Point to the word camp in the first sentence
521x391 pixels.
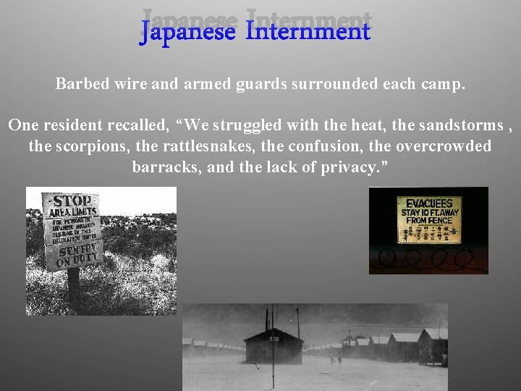(444, 84)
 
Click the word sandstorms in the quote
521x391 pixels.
(467, 125)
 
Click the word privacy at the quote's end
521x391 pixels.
(355, 167)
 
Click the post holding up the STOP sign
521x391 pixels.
(73, 286)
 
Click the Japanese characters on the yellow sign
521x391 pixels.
(429, 232)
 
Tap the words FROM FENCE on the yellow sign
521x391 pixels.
(429, 220)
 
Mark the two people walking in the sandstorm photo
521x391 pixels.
(335, 356)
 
